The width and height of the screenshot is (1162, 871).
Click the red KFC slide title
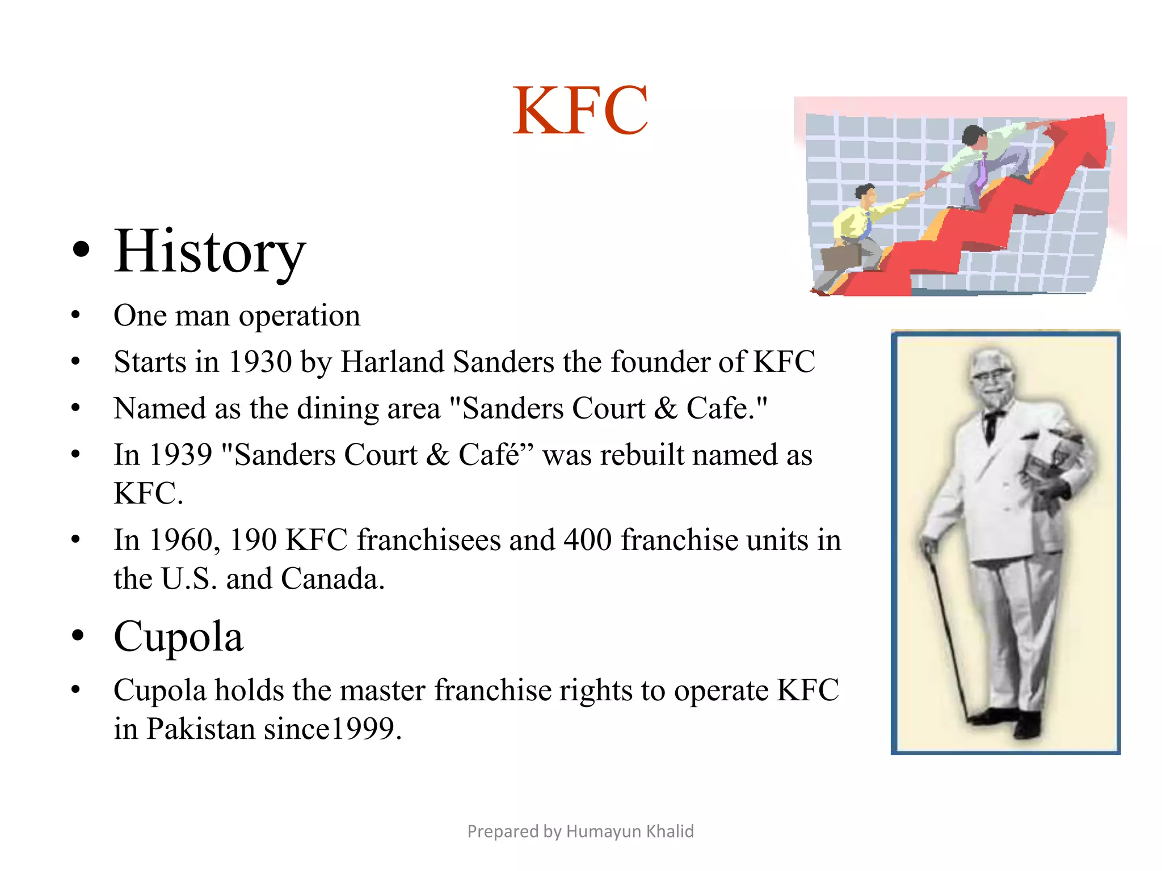coord(580,110)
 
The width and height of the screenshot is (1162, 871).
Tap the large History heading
coord(209,251)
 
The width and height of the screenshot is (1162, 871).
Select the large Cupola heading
coord(178,636)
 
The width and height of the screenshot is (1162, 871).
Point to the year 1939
coord(180,455)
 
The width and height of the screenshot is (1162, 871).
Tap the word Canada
coord(332,579)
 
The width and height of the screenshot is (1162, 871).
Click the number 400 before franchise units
coord(588,540)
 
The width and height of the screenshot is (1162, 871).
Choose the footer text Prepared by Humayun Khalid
coord(580,831)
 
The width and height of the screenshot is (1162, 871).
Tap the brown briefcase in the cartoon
coord(841,257)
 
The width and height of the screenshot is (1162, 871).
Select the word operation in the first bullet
coord(299,316)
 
